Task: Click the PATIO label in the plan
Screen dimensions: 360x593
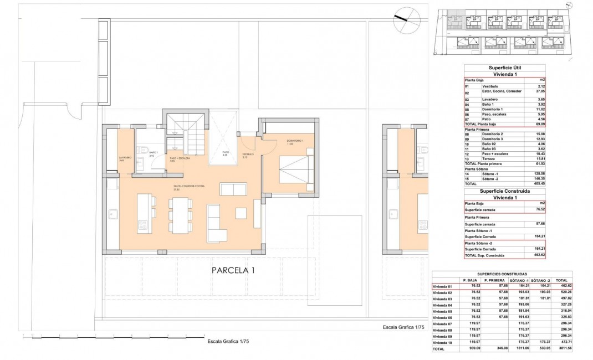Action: (226, 153)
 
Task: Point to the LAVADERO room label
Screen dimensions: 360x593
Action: (125, 158)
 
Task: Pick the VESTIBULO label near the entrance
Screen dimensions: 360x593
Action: (248, 155)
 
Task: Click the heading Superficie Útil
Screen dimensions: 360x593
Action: (504, 67)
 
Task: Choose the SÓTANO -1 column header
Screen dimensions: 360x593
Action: (517, 281)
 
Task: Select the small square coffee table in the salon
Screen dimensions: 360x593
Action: (241, 213)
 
